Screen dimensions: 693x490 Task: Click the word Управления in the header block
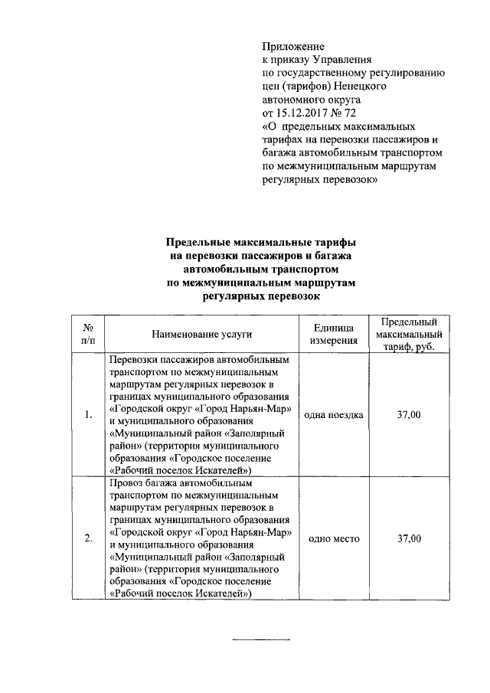click(338, 60)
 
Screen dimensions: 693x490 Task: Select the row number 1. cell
click(89, 415)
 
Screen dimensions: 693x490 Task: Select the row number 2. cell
click(89, 539)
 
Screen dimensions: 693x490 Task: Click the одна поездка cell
click(333, 415)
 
